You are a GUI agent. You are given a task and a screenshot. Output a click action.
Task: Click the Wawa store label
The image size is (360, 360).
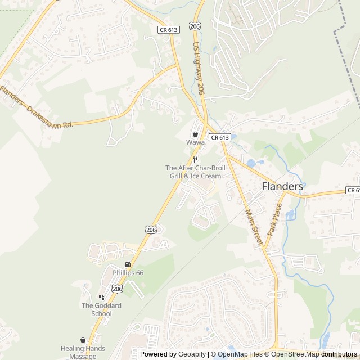(x=195, y=143)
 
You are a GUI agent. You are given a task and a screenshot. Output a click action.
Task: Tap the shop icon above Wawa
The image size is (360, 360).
(x=195, y=134)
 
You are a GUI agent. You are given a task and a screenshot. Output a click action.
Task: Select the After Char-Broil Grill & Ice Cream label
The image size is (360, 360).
(x=193, y=172)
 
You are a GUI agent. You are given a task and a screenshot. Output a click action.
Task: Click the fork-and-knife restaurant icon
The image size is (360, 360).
(x=195, y=159)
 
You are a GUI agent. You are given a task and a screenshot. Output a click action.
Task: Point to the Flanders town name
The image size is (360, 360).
(x=282, y=186)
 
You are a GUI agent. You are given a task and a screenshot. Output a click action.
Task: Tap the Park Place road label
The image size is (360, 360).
(x=274, y=219)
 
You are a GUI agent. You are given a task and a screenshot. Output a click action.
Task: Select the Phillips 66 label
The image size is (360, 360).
(x=128, y=273)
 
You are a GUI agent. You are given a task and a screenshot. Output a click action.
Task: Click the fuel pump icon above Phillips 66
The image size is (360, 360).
(x=128, y=264)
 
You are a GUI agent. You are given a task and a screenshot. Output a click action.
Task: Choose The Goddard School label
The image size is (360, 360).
(x=101, y=309)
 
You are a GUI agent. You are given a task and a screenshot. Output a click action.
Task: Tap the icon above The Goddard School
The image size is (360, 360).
(x=101, y=297)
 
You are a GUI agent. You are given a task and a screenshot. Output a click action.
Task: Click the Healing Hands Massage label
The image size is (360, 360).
(x=83, y=353)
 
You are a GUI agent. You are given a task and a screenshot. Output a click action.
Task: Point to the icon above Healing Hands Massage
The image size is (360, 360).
(x=83, y=340)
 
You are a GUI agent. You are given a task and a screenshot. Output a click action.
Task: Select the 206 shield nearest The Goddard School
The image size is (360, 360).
(x=117, y=289)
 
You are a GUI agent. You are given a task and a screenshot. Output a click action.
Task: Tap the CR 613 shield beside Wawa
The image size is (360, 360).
(x=219, y=137)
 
